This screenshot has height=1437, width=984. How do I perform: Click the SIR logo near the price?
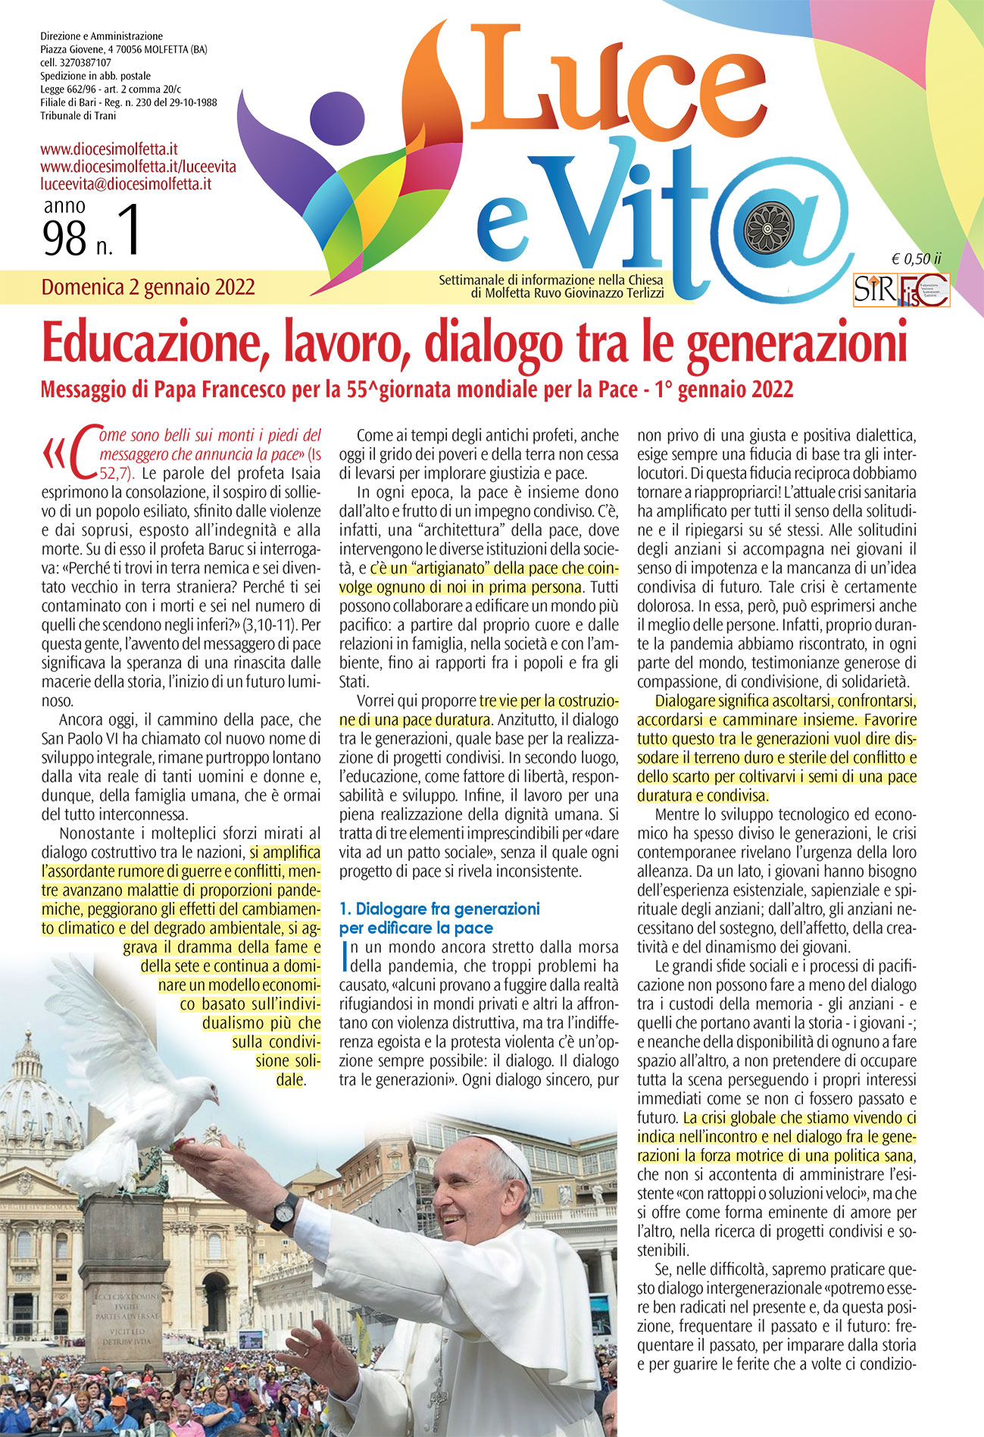pyautogui.click(x=874, y=290)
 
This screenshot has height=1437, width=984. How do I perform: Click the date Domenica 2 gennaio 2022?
pyautogui.click(x=148, y=287)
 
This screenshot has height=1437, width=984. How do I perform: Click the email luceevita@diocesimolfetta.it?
pyautogui.click(x=126, y=183)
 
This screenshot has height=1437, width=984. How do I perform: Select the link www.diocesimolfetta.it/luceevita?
pyautogui.click(x=138, y=166)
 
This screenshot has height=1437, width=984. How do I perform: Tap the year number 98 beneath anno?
pyautogui.click(x=65, y=239)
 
